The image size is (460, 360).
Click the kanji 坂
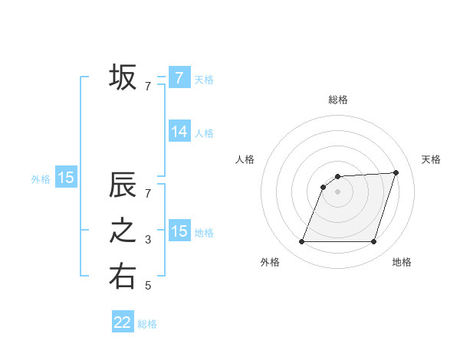(x=123, y=77)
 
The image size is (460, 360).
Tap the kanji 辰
(x=123, y=186)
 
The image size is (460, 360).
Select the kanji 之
(x=123, y=231)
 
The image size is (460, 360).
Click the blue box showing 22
(x=123, y=322)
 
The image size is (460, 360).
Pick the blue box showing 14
(x=179, y=132)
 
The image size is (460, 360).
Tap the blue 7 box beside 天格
(x=179, y=78)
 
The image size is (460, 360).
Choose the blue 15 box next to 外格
(x=66, y=178)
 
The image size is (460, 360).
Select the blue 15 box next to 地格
(x=179, y=231)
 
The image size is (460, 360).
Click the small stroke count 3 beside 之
(x=148, y=241)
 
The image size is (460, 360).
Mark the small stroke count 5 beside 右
(x=148, y=286)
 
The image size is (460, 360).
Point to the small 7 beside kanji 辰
(x=148, y=194)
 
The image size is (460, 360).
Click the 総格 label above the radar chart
(x=338, y=100)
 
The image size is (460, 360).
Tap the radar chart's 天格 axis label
(x=432, y=159)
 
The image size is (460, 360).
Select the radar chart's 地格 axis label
(x=402, y=262)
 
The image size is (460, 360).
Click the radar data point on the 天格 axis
(x=396, y=172)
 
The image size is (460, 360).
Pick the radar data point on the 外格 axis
(x=301, y=242)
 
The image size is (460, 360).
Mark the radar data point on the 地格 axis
(x=374, y=242)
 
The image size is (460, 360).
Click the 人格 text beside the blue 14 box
(x=204, y=133)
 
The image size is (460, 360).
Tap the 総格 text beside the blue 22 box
(x=147, y=324)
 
